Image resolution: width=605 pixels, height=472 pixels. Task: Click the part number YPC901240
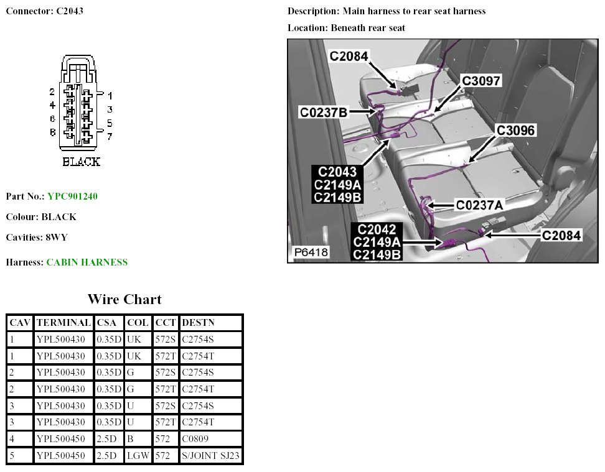(x=72, y=197)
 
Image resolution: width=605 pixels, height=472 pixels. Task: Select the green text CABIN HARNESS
(x=87, y=262)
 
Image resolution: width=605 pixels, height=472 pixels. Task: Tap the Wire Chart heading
(x=124, y=299)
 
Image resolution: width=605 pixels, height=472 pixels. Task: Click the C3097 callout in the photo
(x=481, y=81)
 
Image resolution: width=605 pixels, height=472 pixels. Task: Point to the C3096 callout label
(x=515, y=131)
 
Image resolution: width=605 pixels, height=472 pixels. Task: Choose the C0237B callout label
(x=323, y=112)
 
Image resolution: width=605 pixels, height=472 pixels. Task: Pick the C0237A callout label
(x=479, y=205)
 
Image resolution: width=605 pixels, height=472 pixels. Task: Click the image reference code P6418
(x=311, y=252)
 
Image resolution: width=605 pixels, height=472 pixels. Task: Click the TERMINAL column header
(x=64, y=323)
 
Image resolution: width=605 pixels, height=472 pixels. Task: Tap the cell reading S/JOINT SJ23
(x=210, y=456)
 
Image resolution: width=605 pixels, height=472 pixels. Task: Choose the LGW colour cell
(x=138, y=456)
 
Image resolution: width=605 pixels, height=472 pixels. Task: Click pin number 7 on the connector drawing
(x=110, y=136)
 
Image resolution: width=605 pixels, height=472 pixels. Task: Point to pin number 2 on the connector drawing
(x=53, y=92)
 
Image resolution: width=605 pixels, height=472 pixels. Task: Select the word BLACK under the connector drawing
(x=82, y=162)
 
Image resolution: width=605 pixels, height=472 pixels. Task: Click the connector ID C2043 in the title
(x=70, y=11)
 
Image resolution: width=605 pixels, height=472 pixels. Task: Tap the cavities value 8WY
(x=55, y=238)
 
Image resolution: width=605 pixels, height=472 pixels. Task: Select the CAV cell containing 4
(x=12, y=439)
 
